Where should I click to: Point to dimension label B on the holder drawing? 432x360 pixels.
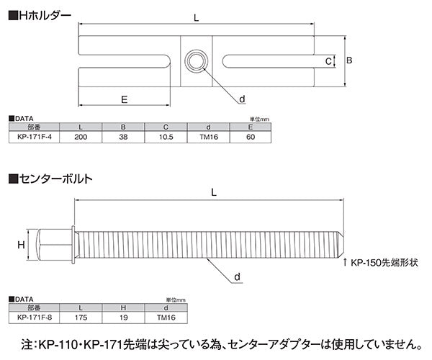tap(349, 62)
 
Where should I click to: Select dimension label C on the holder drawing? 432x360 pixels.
tap(328, 62)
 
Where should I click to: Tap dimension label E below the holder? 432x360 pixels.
tap(125, 100)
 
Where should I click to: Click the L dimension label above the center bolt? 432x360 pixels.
tap(215, 192)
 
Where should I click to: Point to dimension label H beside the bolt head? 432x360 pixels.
tap(21, 246)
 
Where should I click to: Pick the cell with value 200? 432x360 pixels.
tap(81, 136)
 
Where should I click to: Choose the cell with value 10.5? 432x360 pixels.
tap(166, 136)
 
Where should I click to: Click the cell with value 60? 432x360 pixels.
tap(251, 136)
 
